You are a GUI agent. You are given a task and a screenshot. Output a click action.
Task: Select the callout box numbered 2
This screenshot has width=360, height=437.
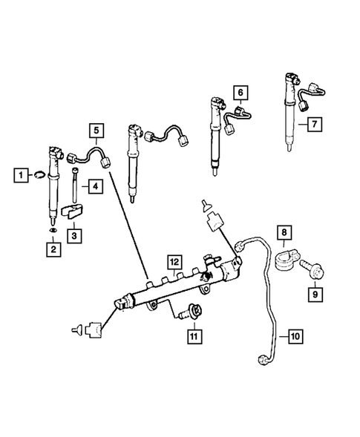coord(53,250)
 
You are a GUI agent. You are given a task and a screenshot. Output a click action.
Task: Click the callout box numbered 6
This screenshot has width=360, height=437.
coord(240,93)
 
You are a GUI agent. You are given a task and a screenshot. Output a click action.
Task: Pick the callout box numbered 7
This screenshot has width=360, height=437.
coord(314,125)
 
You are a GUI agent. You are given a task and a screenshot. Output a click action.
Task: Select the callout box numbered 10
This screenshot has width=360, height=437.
coord(295,336)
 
